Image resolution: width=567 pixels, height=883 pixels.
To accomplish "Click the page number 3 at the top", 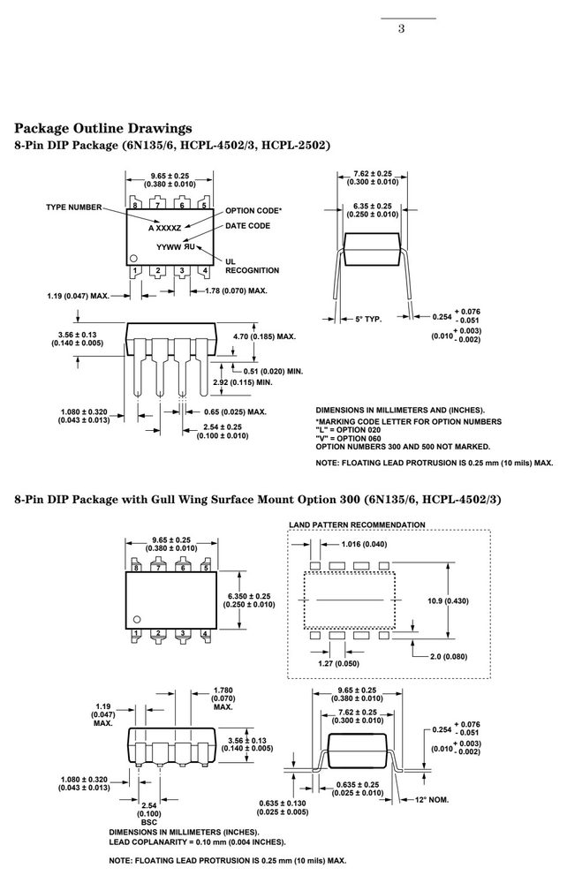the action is (401, 29).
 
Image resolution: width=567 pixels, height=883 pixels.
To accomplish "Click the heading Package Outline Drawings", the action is (103, 128).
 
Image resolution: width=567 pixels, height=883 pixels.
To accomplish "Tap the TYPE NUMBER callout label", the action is (74, 208).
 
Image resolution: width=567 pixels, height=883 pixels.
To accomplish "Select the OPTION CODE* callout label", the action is (253, 211).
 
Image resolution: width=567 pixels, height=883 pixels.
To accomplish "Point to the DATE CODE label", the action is (248, 226).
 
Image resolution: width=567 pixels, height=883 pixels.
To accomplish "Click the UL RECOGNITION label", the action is (253, 266).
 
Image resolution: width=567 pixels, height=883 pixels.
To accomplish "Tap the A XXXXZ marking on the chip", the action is (165, 228).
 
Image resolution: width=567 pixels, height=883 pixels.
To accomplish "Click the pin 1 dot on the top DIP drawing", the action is (133, 259).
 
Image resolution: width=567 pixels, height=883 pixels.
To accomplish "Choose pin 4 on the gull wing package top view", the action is (206, 634).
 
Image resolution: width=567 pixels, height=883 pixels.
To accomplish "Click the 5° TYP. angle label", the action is (368, 320).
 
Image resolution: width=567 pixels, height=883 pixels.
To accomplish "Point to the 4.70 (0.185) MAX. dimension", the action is (265, 336).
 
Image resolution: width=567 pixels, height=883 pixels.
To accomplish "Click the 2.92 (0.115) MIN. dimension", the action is (243, 382).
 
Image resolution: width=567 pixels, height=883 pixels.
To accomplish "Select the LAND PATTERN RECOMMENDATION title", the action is (357, 525).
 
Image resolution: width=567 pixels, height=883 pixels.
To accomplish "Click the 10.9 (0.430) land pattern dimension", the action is (448, 600).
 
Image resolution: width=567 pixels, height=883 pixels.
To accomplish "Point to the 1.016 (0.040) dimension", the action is (364, 544).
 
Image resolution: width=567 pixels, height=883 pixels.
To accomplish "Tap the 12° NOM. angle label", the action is (432, 800).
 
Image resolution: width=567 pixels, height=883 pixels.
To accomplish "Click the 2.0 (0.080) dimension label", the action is (449, 657).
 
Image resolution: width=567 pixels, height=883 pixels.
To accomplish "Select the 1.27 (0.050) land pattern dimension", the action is (338, 663).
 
